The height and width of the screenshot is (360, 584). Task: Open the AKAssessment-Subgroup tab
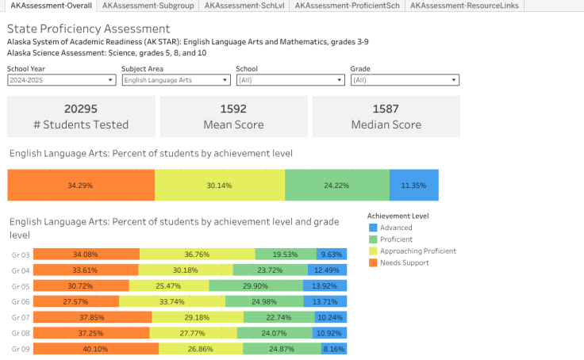[x=148, y=6]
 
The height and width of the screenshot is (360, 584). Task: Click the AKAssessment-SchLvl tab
[x=246, y=6]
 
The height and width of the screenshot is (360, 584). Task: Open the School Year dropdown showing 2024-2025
[x=61, y=80]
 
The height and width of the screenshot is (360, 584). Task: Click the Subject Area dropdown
[x=176, y=80]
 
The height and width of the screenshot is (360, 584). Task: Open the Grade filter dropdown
[x=405, y=80]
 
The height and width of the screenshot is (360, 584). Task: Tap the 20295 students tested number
[x=81, y=109]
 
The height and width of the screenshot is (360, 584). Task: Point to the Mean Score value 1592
[x=233, y=109]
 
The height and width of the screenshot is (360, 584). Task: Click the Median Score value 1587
[x=386, y=109]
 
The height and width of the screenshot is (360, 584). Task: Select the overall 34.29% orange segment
[x=81, y=185]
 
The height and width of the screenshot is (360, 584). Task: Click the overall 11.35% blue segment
[x=413, y=185]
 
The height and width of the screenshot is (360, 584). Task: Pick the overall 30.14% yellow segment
[x=220, y=185]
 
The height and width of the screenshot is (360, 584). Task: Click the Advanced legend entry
[x=396, y=228]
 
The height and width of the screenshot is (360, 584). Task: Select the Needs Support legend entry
[x=404, y=262]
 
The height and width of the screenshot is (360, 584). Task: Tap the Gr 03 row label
[x=21, y=255]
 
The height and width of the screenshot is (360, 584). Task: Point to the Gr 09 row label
[x=21, y=349]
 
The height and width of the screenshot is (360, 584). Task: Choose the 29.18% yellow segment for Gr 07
[x=198, y=317]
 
